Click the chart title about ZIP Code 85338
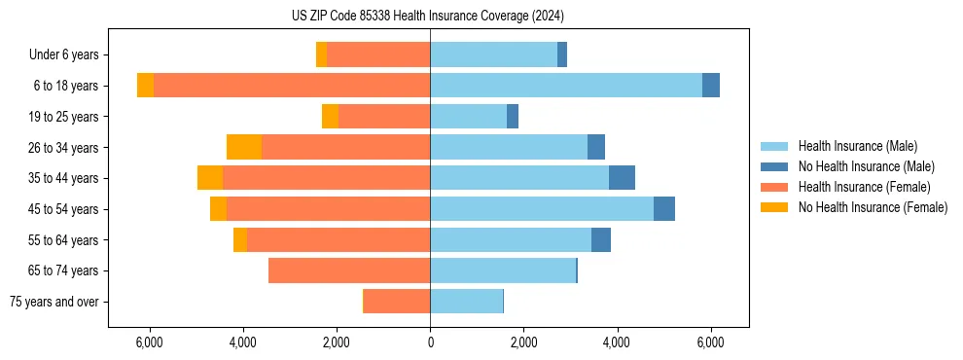[x=427, y=16]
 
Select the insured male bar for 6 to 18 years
[x=565, y=86]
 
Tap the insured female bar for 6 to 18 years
[x=292, y=86]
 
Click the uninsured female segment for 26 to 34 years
[x=244, y=147]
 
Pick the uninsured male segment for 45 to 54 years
[x=664, y=209]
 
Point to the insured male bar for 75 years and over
[x=466, y=302]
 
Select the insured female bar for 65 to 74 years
[x=349, y=270]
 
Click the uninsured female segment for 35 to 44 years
[x=210, y=178]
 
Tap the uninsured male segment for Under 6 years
[x=562, y=54]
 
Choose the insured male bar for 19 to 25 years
[x=468, y=117]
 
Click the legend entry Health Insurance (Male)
[x=857, y=146]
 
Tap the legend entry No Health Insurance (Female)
[x=873, y=207]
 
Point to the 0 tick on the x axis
[x=430, y=342]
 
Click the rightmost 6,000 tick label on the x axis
[x=710, y=342]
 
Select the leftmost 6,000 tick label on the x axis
[x=149, y=342]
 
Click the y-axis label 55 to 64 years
[x=63, y=240]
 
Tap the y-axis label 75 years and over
[x=54, y=302]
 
